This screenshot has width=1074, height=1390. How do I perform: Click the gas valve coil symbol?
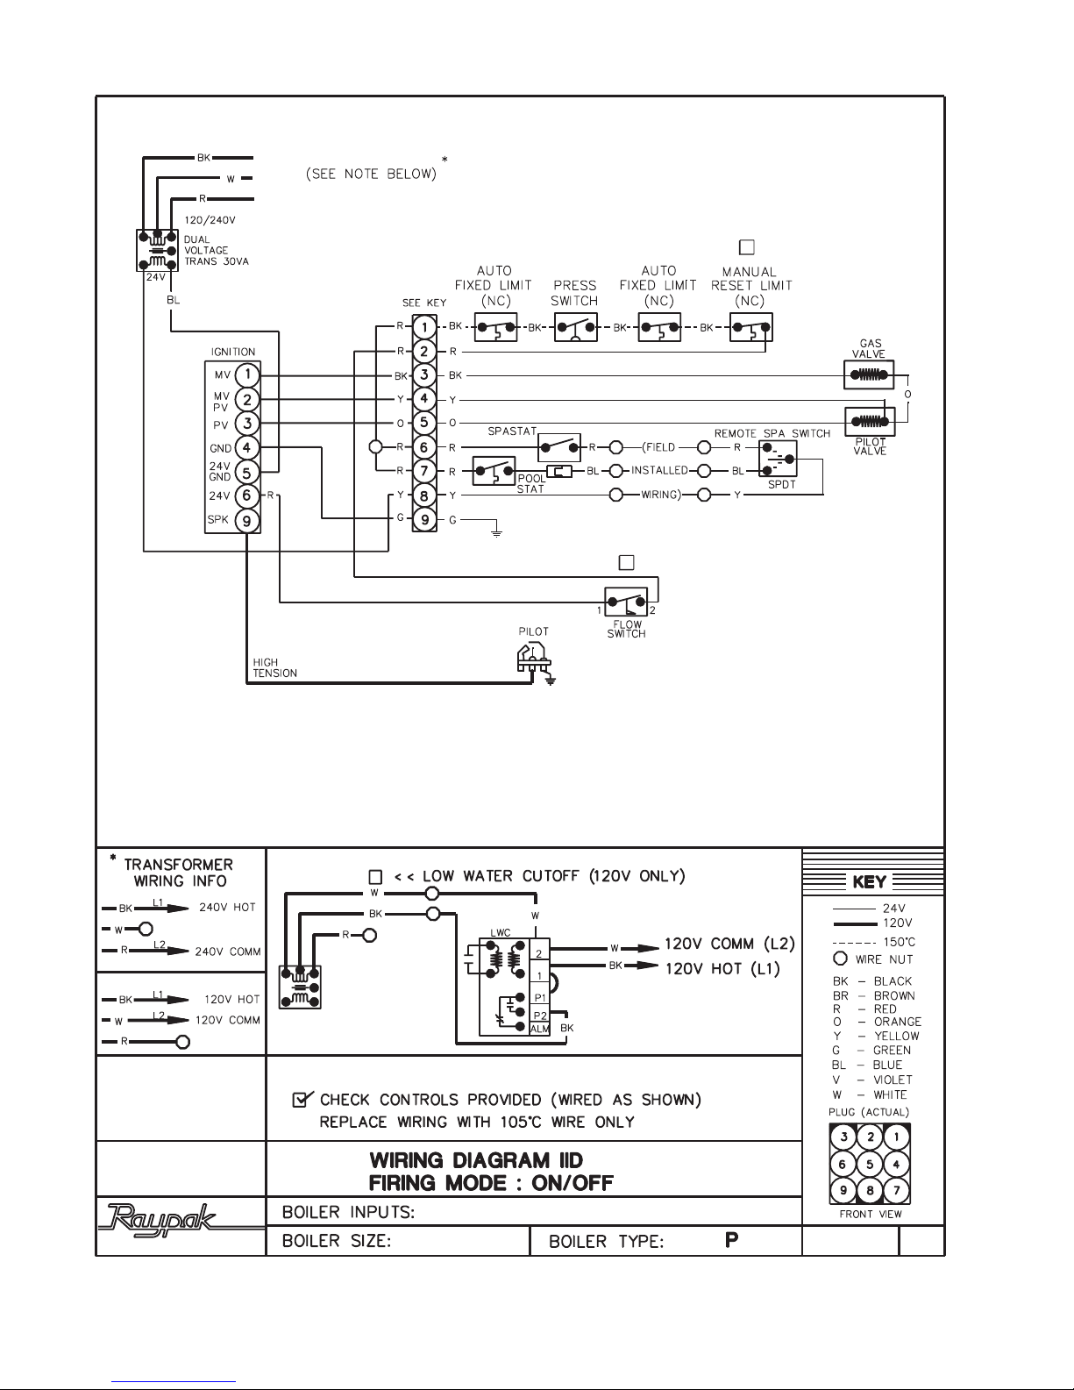[869, 374]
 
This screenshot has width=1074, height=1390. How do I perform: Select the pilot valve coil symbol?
[870, 422]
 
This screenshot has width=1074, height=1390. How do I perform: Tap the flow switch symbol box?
[626, 602]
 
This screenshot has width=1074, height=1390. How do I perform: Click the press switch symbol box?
[576, 327]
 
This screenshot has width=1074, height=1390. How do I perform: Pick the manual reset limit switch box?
[751, 327]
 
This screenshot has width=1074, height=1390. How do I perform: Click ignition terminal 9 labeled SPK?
[246, 521]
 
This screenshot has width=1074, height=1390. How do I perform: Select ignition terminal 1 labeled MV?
[246, 374]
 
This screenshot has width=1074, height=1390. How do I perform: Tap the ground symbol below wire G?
[496, 531]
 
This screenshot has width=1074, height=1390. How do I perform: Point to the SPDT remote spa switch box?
[778, 459]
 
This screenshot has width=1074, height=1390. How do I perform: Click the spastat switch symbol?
[559, 447]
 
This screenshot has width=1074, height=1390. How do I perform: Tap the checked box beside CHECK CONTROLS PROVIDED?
[301, 1099]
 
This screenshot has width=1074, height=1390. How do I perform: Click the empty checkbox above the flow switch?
[627, 562]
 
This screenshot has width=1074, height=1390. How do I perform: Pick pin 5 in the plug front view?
[870, 1164]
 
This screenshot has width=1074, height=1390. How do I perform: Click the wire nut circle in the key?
[840, 959]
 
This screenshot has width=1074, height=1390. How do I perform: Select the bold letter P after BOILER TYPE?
[732, 1240]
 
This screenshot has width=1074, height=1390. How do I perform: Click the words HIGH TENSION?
[275, 668]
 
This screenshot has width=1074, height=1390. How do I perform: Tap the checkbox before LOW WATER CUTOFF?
[375, 876]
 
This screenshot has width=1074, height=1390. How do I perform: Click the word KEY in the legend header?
[870, 882]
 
